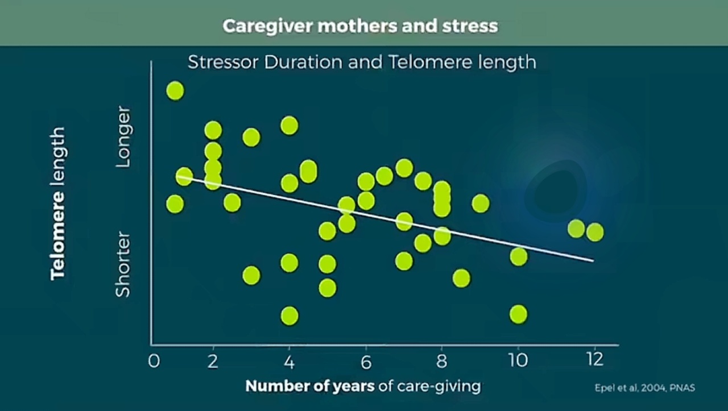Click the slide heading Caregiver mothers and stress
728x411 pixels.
(x=360, y=26)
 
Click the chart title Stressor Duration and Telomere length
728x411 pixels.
(x=362, y=62)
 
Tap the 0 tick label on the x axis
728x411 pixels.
(x=154, y=361)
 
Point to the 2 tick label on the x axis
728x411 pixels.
(x=213, y=361)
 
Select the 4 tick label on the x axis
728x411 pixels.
(x=289, y=362)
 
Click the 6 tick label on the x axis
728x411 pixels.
(x=366, y=362)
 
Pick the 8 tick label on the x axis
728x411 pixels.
(x=442, y=361)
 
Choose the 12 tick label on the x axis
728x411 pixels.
(x=595, y=360)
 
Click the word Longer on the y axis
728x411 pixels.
(x=123, y=137)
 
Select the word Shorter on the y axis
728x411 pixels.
(x=123, y=264)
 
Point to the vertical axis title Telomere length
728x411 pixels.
(x=58, y=204)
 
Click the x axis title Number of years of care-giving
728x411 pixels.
(x=363, y=387)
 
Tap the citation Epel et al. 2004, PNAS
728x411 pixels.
(x=645, y=388)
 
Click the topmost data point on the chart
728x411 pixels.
(x=175, y=90)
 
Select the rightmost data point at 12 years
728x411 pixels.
(x=595, y=232)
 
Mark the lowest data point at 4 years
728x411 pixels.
(x=289, y=315)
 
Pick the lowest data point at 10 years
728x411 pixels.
(x=518, y=314)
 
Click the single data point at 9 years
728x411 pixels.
(x=481, y=204)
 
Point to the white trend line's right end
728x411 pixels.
(x=593, y=260)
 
